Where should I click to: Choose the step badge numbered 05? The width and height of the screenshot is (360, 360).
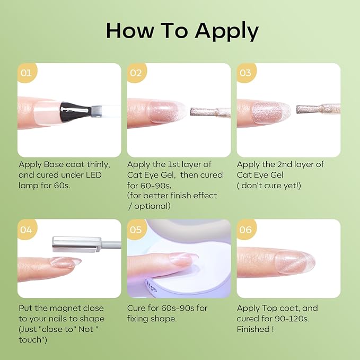coord(136,229)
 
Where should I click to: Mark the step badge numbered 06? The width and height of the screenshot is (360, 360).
coord(245,229)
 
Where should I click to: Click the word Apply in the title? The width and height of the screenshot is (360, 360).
coord(227,32)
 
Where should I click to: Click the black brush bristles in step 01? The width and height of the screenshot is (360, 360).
coord(75,111)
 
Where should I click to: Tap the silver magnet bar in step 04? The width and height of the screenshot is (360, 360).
coord(77,244)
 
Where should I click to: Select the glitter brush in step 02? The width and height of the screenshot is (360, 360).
coord(210,112)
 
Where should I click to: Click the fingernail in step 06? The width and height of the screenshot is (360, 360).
coord(295,262)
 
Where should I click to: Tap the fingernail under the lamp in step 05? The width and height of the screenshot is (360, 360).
coord(183,259)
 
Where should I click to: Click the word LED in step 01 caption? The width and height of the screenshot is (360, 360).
coord(94,175)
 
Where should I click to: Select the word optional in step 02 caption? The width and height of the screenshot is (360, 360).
coord(152,206)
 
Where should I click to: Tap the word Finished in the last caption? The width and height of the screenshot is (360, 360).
coord(253,329)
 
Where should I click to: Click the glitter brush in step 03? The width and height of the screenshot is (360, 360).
coord(318,109)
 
